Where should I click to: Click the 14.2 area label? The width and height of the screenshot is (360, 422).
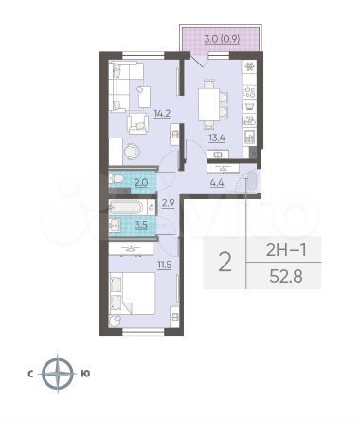coord(162,113)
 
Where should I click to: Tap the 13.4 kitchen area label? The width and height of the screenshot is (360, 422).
coord(216,138)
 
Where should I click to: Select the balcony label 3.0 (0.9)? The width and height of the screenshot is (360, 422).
coord(223,40)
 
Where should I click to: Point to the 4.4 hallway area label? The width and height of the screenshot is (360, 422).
coord(217,182)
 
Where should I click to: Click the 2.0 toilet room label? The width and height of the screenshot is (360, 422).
coord(141,182)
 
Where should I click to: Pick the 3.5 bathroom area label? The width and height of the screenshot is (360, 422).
coord(141,226)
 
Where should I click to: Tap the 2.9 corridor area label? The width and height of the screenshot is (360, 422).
coord(169,203)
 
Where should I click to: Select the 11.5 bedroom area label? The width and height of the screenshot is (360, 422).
coord(165,265)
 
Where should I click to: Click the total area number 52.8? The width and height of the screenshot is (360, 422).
coord(286,277)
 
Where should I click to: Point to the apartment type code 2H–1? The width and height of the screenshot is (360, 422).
coord(286,250)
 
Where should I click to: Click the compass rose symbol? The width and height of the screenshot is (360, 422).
coord(58,374)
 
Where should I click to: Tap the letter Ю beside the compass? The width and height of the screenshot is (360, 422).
coord(85,374)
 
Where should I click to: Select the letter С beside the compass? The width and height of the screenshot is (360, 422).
coord(30,375)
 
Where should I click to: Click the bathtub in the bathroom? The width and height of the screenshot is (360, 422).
coord(129,208)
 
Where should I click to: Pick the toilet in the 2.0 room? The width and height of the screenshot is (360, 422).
coord(116,180)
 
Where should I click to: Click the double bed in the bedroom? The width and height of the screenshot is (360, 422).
coord(133,293)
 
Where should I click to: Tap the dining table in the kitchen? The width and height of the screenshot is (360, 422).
coord(208,104)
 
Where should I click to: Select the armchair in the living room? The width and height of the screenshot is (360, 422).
coord(138,123)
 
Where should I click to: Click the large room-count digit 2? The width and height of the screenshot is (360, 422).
coord(225,263)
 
